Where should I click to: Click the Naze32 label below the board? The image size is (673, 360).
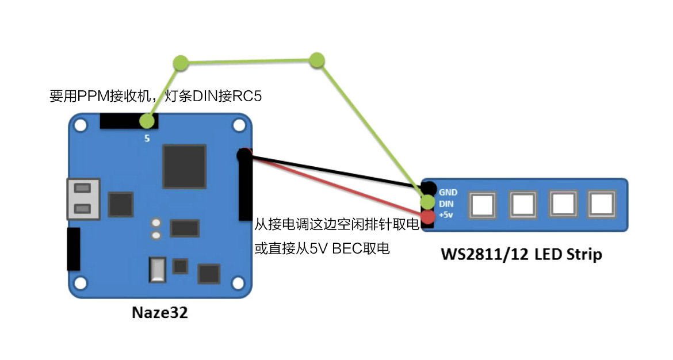160,313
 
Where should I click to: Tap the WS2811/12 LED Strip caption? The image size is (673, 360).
521,254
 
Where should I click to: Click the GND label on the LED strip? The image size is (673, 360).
448,192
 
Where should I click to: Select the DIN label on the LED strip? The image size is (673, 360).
446,203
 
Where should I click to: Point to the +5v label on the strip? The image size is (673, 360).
446,215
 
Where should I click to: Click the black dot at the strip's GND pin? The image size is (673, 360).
428,188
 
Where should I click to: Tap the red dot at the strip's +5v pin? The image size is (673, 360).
428,217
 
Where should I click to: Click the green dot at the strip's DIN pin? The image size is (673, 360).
428,202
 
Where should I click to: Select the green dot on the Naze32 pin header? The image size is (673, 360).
147,121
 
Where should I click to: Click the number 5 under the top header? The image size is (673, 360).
147,139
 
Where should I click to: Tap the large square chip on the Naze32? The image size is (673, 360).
184,166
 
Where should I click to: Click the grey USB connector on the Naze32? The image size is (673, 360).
83,198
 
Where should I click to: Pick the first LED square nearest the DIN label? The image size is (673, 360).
482,205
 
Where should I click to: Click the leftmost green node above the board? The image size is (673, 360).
181,63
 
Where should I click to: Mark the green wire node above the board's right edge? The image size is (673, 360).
316,60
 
